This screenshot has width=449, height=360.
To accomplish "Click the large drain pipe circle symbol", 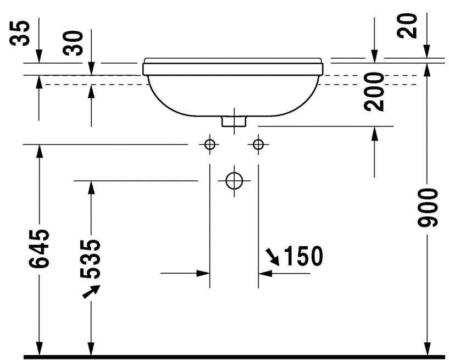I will coord(234,180).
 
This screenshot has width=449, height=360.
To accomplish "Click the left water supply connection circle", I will coord(209,145).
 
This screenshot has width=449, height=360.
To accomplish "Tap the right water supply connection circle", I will coord(258,145).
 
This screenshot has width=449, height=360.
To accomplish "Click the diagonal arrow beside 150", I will coord(271,256).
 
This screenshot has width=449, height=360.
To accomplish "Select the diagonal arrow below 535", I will coord(91,292).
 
